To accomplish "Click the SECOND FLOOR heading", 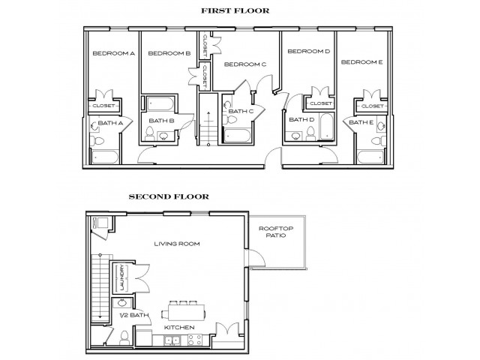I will click(168, 198).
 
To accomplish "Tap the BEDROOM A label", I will click(113, 53).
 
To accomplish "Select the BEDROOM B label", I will click(169, 53).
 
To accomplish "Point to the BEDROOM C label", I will click(245, 64).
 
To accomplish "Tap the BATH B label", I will click(161, 120).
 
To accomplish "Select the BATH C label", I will click(241, 112).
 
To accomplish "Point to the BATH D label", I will click(301, 119).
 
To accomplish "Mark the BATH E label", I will click(361, 121).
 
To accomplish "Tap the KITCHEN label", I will click(179, 328).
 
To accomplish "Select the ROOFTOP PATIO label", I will click(274, 232).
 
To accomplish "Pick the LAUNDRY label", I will click(121, 279).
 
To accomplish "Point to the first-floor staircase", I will click(208, 119).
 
